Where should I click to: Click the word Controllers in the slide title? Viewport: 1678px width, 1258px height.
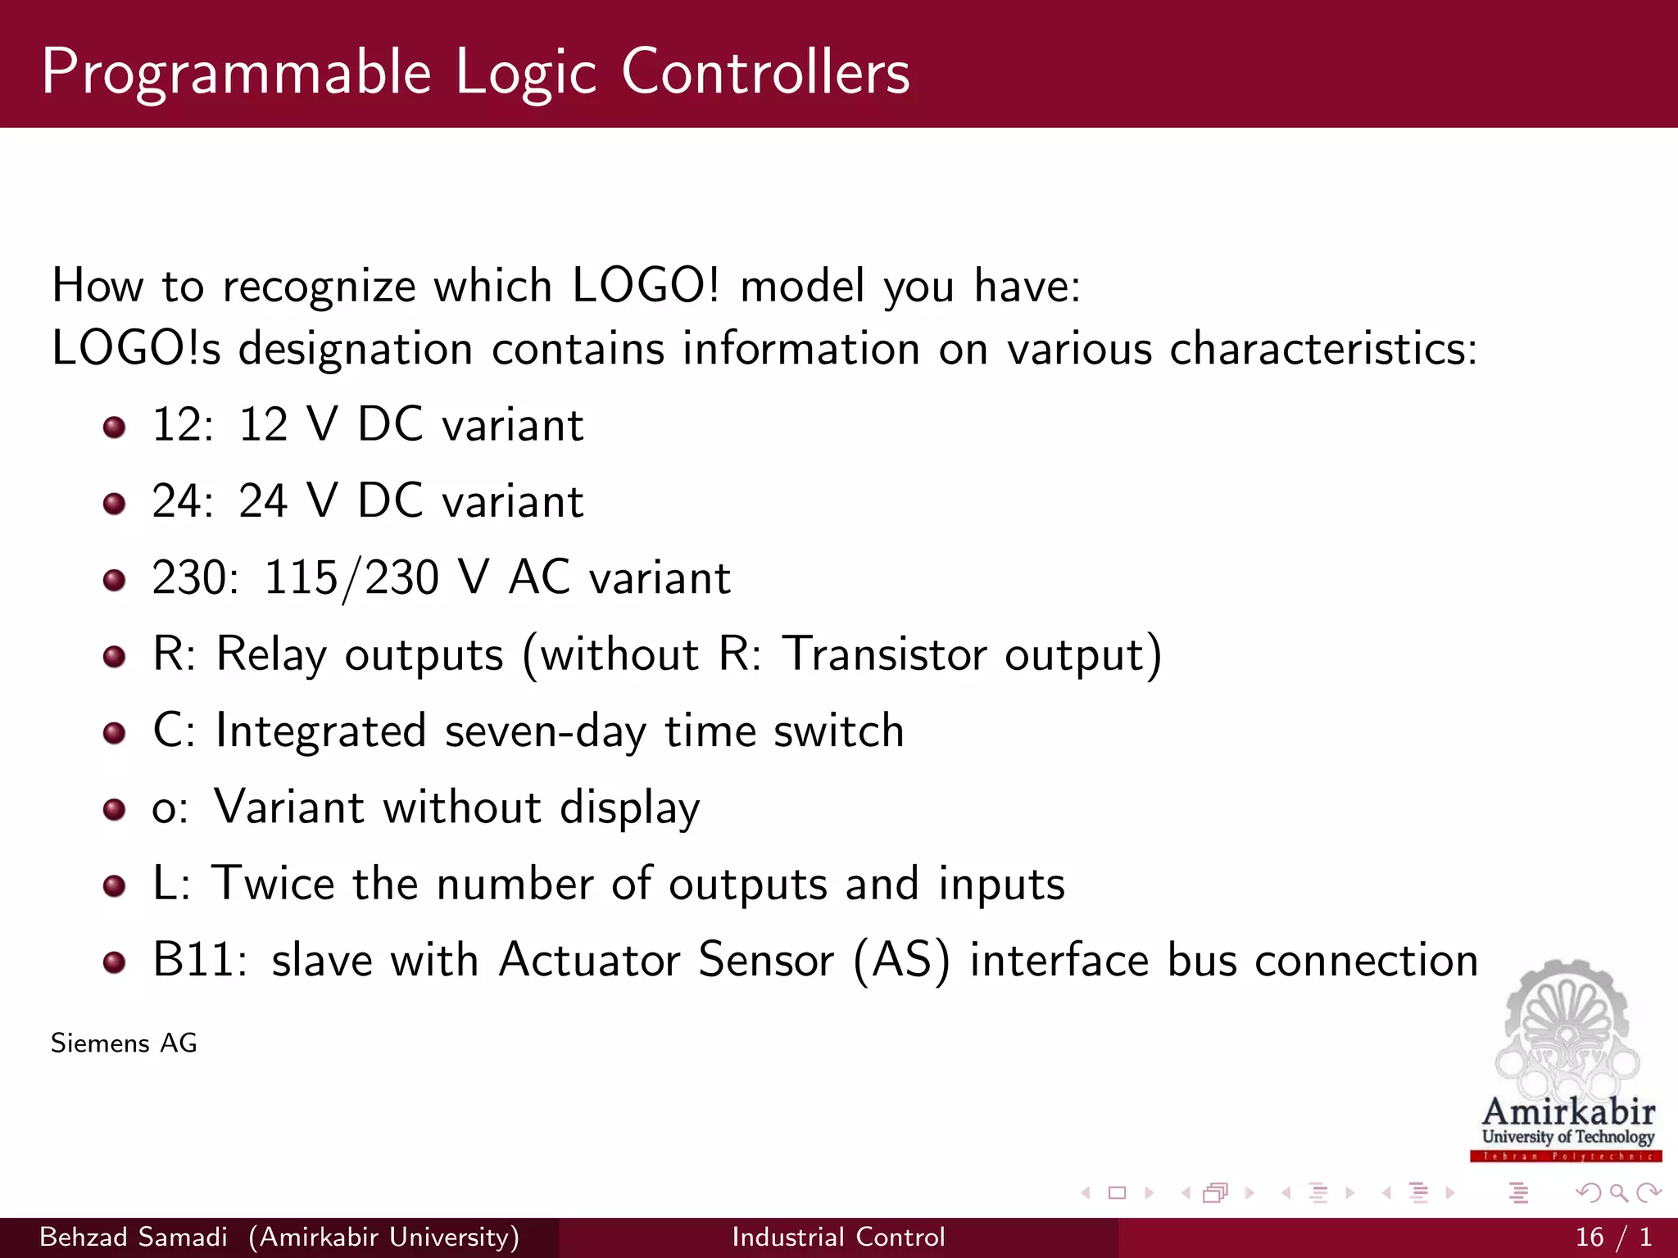coord(765,72)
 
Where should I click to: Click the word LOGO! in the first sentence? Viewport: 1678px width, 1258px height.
coord(645,286)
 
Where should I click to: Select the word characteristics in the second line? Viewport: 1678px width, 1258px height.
coord(1322,349)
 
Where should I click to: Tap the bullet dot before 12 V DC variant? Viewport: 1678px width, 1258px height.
coord(114,427)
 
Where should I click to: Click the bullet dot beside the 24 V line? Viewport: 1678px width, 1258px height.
coord(114,503)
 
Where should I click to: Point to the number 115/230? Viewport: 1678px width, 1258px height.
coord(351,578)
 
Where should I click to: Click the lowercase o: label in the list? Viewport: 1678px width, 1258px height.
coord(170,808)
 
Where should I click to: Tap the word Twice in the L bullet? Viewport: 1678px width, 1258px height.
coord(274,884)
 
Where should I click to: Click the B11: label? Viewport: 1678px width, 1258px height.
coord(199,960)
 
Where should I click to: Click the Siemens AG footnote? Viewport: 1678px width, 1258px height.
coord(124,1043)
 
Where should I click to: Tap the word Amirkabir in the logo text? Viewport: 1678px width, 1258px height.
coord(1568,1111)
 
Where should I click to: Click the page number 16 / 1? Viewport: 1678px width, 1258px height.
coord(1612,1237)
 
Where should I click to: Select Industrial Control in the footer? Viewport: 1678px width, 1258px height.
coord(838,1237)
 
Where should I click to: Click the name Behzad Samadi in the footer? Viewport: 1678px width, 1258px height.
coord(134,1237)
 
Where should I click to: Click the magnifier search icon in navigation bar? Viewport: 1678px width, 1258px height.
coord(1618,1192)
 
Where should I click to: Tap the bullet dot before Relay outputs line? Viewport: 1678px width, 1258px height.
coord(114,656)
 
